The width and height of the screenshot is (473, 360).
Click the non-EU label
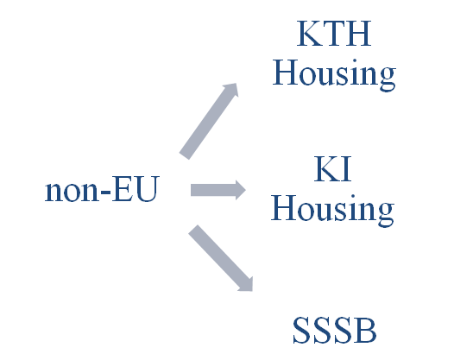[x=102, y=189]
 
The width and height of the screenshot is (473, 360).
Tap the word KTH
[x=334, y=34]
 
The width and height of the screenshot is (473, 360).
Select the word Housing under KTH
[x=334, y=75]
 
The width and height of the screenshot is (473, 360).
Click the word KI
[x=332, y=168]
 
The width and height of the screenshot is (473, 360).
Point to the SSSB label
[x=335, y=330]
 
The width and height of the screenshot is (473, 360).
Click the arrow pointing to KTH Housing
[x=209, y=121]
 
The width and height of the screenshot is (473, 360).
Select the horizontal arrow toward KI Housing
[x=218, y=190]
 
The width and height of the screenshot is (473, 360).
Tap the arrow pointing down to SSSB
[x=220, y=258]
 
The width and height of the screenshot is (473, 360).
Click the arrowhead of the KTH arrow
[x=231, y=90]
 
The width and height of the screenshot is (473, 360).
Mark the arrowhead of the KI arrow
[x=241, y=190]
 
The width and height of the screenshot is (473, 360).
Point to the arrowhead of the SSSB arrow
[x=247, y=285]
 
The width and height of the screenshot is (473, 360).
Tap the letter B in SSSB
[x=366, y=330]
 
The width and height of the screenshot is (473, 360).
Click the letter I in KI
[x=346, y=168]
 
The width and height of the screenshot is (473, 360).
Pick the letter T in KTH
[x=332, y=34]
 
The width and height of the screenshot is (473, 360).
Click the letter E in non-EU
[x=123, y=189]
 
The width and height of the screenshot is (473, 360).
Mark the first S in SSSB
[x=302, y=330]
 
